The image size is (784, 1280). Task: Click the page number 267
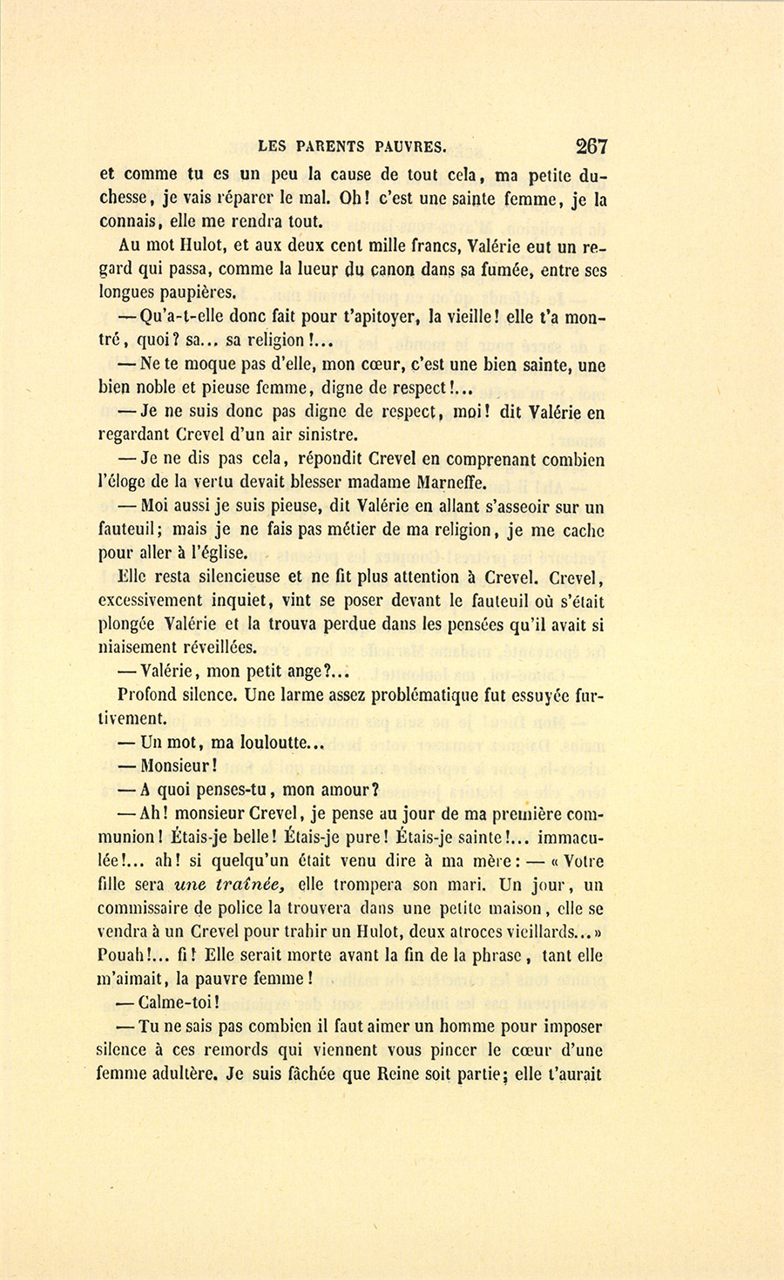coord(591,145)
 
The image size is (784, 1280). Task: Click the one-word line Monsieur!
coord(178,766)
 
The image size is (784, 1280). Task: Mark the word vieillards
coord(539,932)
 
